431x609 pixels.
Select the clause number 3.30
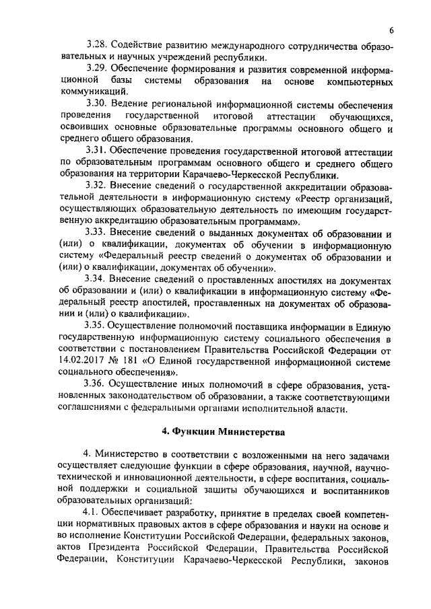click(x=99, y=106)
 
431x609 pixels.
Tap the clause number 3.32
click(x=99, y=184)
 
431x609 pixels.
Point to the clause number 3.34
click(x=99, y=279)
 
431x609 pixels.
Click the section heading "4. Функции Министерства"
click(x=215, y=431)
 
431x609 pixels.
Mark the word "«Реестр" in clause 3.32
click(x=314, y=197)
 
